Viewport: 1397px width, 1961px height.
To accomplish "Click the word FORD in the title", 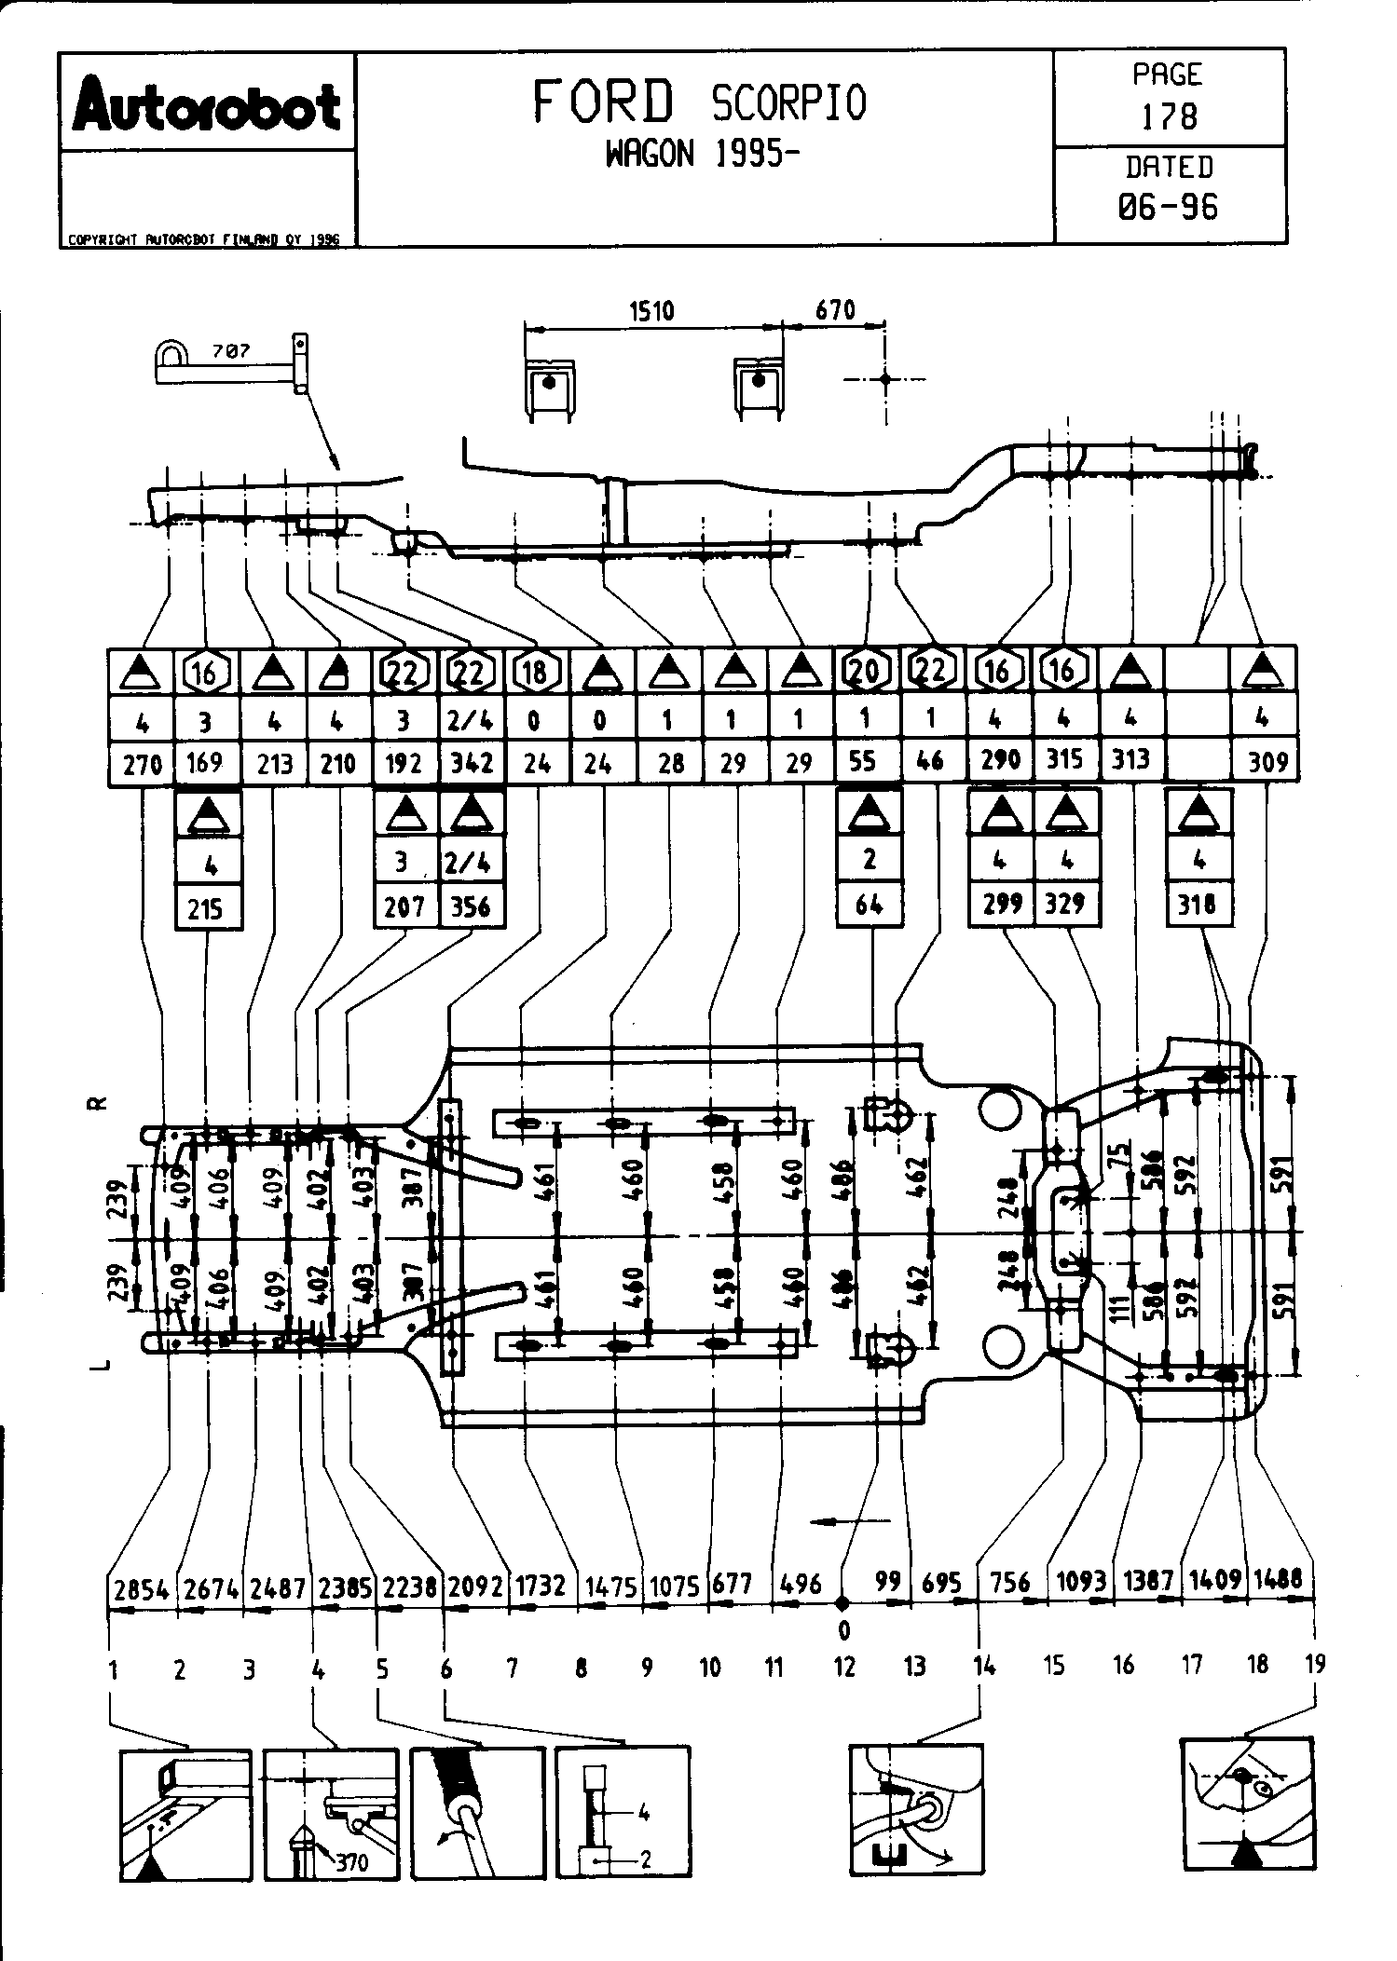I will click(603, 102).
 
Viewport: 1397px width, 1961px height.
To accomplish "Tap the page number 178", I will click(1169, 116).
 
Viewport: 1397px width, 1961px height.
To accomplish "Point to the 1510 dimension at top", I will click(651, 310).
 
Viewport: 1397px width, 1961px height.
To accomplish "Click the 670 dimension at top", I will click(834, 309).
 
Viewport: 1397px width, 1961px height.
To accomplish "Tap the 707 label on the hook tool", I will click(230, 351).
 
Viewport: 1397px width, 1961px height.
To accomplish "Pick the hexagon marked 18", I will click(535, 672).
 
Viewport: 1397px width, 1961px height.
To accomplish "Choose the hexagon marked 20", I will click(866, 670).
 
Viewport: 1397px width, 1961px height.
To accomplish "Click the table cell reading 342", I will click(472, 763).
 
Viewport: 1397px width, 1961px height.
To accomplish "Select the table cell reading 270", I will click(142, 765).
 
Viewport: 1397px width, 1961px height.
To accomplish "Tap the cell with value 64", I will click(869, 904).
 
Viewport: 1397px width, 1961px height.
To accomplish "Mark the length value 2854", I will click(142, 1588).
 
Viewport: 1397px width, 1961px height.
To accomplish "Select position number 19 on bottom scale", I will click(1314, 1663).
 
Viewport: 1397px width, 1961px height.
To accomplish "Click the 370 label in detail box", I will click(351, 1862).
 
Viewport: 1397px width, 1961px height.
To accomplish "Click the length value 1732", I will click(541, 1586).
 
